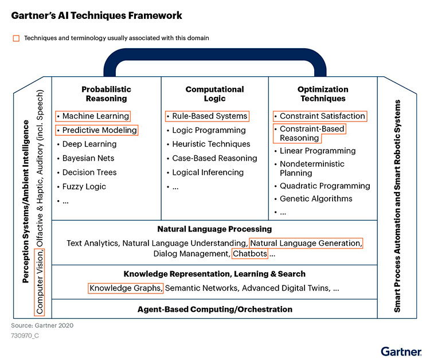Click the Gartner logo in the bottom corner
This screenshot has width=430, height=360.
(401, 351)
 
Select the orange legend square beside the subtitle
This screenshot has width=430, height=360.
(16, 38)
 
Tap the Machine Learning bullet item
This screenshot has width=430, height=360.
(93, 116)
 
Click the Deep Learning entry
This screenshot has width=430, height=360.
(89, 144)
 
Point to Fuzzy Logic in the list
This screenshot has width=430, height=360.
(84, 187)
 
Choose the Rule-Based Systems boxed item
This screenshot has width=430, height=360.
(207, 116)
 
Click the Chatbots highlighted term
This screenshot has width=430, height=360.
(250, 253)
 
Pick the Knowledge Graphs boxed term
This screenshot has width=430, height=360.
(126, 288)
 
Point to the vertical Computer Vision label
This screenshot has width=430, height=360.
(40, 283)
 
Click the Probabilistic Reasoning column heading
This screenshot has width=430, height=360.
(106, 94)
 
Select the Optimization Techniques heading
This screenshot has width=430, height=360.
(323, 94)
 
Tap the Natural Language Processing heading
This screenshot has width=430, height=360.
(214, 229)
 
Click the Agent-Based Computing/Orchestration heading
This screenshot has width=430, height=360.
(215, 310)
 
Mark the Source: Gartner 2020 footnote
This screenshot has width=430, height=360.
(42, 326)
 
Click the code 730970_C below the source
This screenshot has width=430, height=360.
(25, 335)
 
